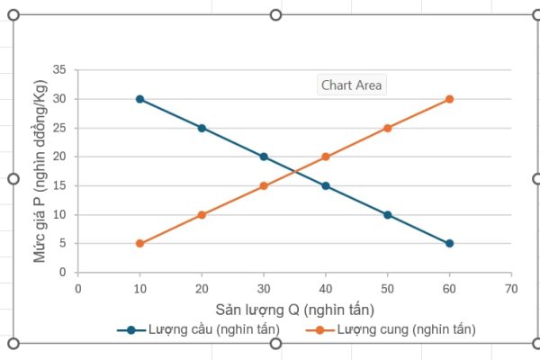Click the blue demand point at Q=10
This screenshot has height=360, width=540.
[139, 99]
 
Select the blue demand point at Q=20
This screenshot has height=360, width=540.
[202, 128]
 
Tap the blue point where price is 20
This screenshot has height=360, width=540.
[264, 157]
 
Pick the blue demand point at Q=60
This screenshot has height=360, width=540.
[449, 243]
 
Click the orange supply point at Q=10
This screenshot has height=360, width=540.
[139, 243]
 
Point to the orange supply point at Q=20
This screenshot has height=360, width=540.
[202, 214]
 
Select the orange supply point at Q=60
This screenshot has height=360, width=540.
[449, 99]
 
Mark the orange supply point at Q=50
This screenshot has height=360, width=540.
[387, 128]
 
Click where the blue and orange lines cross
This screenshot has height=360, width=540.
[294, 171]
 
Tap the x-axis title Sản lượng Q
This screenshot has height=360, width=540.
[293, 310]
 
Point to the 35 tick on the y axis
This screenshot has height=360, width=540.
[60, 70]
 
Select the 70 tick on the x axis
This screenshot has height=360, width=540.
[511, 289]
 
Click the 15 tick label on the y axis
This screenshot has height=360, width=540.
[60, 185]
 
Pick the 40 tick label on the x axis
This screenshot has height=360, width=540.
[326, 289]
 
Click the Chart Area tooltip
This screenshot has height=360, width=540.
[352, 85]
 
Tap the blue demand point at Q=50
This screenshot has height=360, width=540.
[387, 214]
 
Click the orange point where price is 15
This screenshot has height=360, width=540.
[264, 185]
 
